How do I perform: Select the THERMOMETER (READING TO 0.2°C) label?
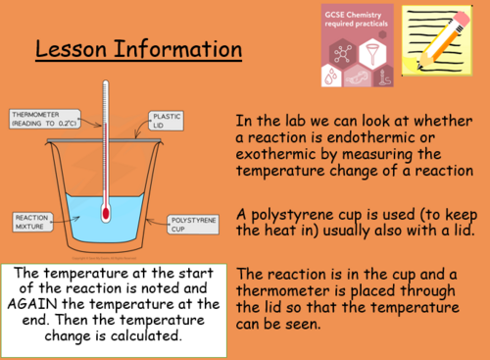[x=44, y=120]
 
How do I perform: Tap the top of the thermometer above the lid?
[x=105, y=88]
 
